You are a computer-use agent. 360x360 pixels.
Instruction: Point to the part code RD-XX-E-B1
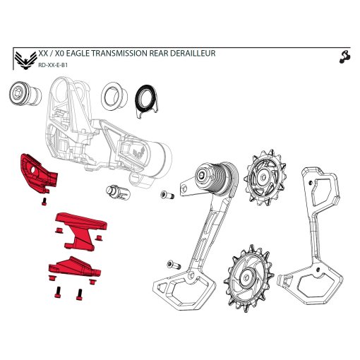pos(54,64)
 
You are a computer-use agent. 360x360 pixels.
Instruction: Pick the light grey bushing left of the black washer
pos(112,95)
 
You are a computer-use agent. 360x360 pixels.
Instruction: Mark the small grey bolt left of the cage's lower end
pos(170,264)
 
